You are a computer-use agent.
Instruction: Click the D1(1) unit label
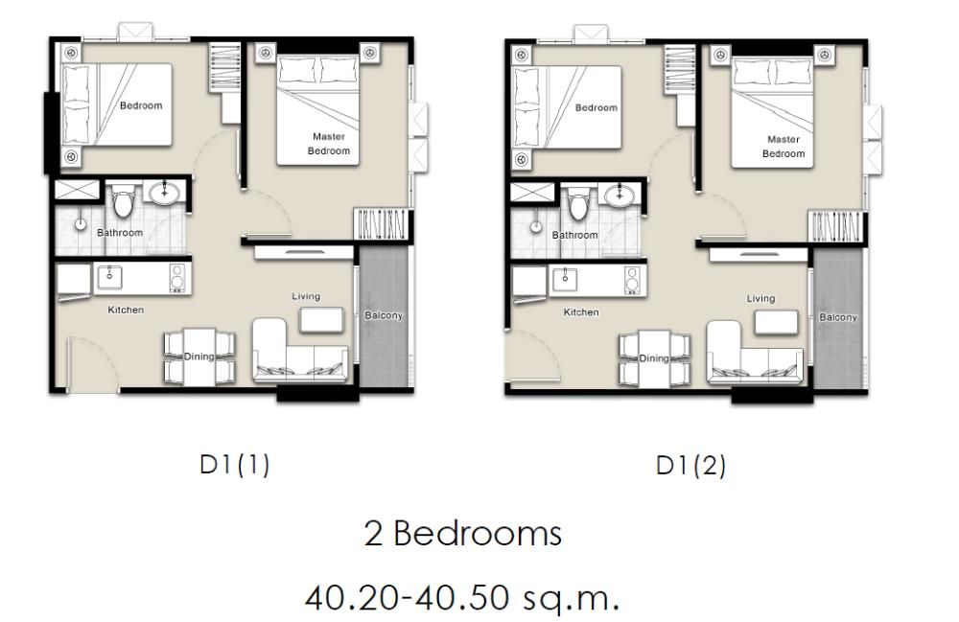234,466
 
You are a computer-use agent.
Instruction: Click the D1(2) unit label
690,467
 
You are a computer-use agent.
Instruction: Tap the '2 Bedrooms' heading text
462,533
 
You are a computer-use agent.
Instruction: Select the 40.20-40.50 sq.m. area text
462,597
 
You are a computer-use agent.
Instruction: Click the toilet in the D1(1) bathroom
123,202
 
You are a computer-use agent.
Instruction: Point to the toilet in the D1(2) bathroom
578,204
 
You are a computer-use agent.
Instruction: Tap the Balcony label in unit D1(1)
384,315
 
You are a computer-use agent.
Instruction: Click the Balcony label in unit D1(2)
838,317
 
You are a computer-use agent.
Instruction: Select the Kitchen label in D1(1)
126,310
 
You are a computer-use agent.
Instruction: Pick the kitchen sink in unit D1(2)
565,279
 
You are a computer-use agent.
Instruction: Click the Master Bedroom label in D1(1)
329,144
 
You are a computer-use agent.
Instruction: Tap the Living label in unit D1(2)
760,298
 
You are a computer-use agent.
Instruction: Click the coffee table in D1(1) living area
321,319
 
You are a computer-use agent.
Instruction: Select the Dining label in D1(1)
199,357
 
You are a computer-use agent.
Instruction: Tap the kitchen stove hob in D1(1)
176,277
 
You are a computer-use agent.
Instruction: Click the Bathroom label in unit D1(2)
574,235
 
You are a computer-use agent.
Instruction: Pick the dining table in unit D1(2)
654,358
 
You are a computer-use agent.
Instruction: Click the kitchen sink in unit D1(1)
109,277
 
